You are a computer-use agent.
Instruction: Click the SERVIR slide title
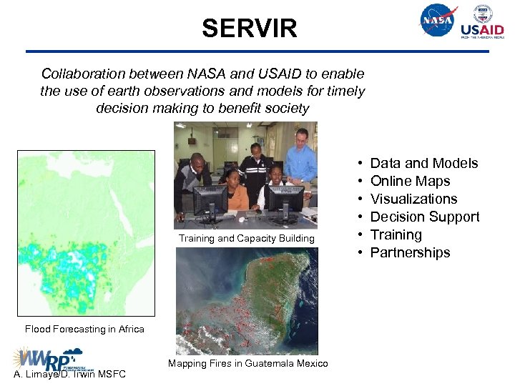coord(249,29)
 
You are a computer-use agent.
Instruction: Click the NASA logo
coord(438,21)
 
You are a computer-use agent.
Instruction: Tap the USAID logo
coord(482,22)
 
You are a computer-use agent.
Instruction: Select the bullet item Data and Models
coord(423,164)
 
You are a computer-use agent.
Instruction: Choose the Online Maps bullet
coord(410,182)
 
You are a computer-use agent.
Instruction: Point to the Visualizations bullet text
coord(413,199)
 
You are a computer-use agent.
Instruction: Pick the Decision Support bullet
coord(424,217)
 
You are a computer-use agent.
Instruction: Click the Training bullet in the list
coord(396,235)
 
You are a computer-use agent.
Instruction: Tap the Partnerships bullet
coord(410,253)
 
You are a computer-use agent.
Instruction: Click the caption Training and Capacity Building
coord(246,239)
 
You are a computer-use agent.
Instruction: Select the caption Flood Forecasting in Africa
coord(84,330)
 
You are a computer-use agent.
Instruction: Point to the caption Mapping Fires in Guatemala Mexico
coord(247,364)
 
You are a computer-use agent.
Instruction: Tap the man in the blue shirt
coord(300,161)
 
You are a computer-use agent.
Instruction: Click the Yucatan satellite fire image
coord(246,300)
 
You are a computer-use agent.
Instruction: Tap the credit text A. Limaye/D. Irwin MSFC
coord(69,375)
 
